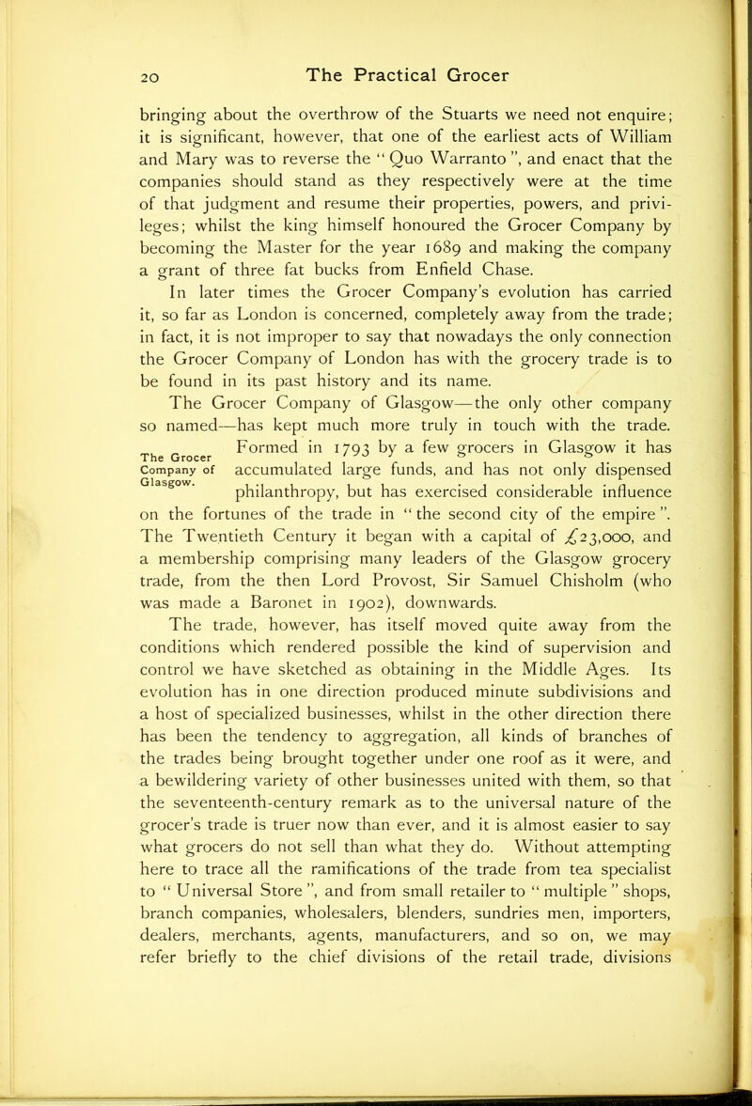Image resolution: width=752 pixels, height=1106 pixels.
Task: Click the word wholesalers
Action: [x=311, y=930]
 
